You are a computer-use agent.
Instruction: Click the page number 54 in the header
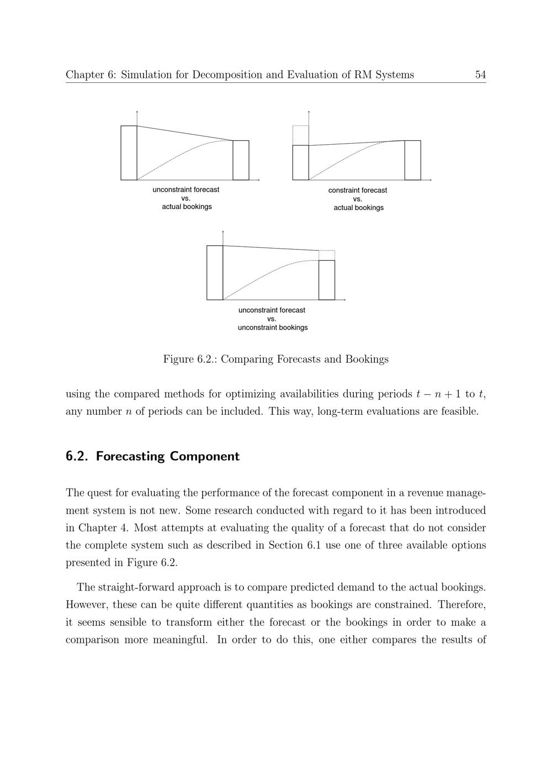(480, 75)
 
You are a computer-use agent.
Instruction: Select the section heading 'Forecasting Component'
(168, 456)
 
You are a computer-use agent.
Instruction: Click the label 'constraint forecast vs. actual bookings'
(358, 199)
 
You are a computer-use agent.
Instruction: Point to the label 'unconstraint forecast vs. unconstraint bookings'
(272, 319)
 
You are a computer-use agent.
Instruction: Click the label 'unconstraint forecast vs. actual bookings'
(186, 198)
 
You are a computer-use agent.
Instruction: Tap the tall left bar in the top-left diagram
(129, 152)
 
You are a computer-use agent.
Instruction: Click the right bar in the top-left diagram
(241, 160)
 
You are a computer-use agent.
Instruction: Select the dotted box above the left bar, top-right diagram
(300, 135)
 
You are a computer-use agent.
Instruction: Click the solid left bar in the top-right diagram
(300, 162)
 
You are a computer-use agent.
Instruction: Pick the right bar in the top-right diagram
(412, 160)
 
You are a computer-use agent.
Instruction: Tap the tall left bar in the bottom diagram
(215, 272)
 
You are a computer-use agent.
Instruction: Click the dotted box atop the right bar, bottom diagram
(327, 255)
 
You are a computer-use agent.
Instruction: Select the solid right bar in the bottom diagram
(327, 280)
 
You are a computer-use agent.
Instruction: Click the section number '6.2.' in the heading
(77, 456)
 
